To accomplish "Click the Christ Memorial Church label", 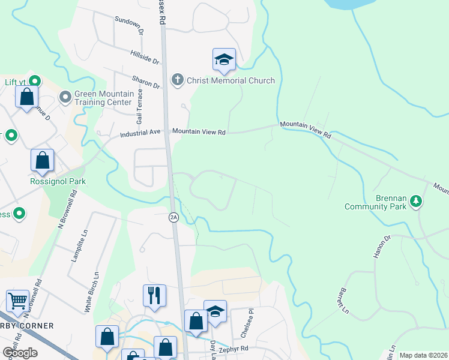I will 231,80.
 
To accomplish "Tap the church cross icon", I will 177,80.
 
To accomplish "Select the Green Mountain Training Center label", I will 102,98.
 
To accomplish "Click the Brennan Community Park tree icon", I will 415,202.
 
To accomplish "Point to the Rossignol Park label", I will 58,181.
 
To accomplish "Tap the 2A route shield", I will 173,217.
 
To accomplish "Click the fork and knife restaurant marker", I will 154,295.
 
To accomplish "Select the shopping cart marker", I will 18,301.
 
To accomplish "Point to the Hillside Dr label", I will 144,57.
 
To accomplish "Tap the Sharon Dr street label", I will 147,82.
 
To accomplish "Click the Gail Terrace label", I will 140,102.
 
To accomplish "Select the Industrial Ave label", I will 141,133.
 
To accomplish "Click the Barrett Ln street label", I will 340,301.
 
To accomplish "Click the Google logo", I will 20,353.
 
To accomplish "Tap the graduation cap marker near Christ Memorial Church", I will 224,59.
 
